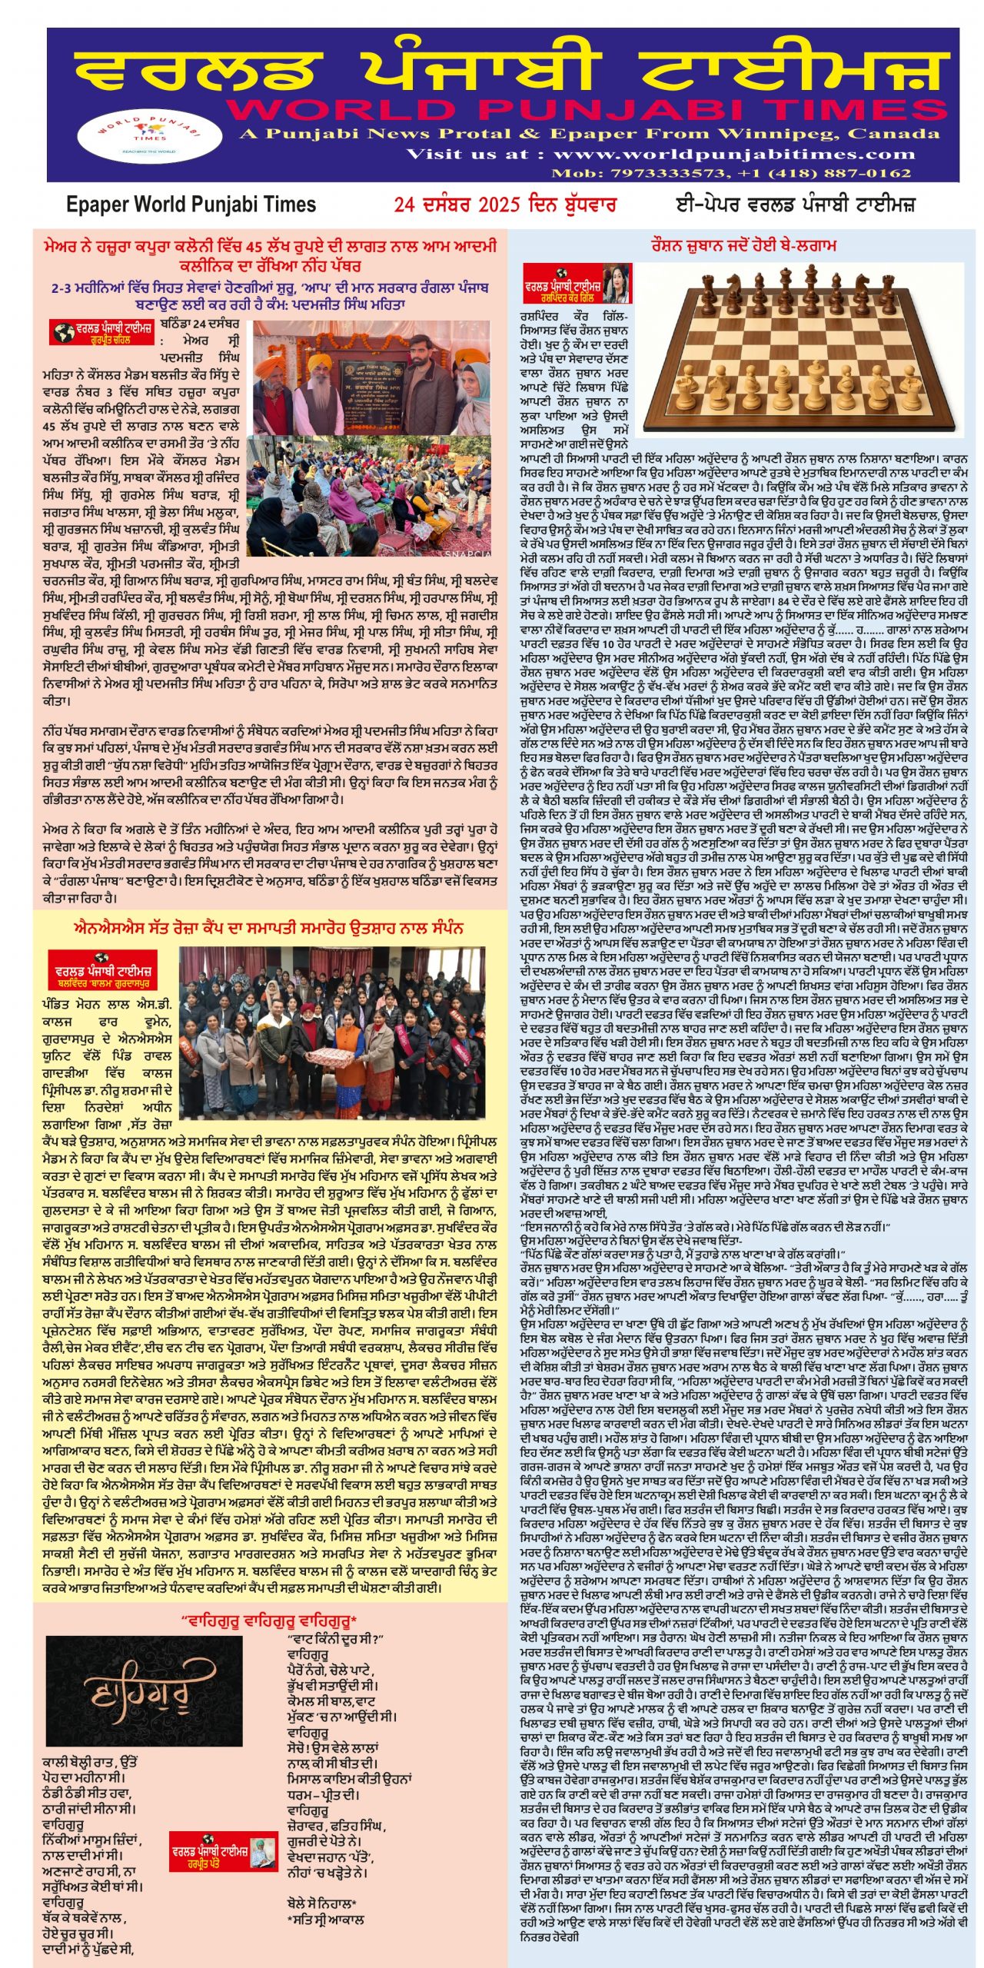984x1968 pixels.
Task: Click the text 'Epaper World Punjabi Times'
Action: pyautogui.click(x=191, y=204)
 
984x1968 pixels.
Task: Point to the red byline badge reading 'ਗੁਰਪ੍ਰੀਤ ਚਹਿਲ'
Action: pyautogui.click(x=101, y=333)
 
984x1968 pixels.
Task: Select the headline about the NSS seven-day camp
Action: pyautogui.click(x=269, y=928)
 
